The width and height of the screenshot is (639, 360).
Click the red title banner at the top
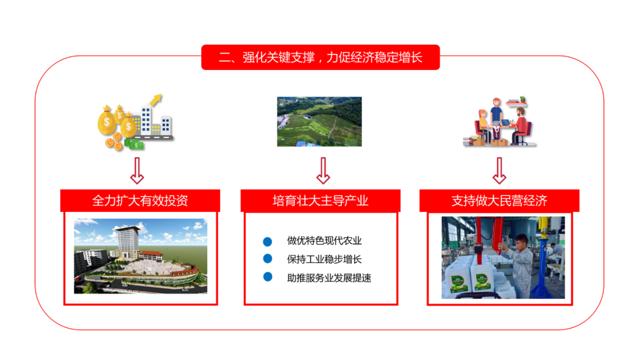pos(320,57)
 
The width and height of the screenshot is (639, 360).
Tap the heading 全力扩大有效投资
pos(140,201)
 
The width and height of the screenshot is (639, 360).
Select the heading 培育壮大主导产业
pos(320,201)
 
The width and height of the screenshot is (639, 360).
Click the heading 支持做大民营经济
pos(499,201)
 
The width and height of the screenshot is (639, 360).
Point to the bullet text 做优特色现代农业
pos(324,240)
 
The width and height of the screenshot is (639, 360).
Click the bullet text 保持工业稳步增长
pos(324,259)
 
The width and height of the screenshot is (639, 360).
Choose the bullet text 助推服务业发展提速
pos(329,278)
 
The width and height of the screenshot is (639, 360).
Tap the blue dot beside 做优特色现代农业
pos(267,242)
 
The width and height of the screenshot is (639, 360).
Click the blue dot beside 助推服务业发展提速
pos(268,277)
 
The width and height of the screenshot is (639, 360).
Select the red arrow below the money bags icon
pos(137,171)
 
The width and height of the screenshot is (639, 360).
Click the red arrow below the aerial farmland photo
pos(323,171)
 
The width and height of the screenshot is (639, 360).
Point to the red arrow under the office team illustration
pos(499,171)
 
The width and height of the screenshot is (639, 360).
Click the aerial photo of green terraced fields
pos(319,121)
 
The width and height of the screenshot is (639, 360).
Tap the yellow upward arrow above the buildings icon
pos(156,100)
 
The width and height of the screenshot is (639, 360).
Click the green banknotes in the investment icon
pos(134,144)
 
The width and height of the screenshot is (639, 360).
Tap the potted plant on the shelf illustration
pos(522,99)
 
